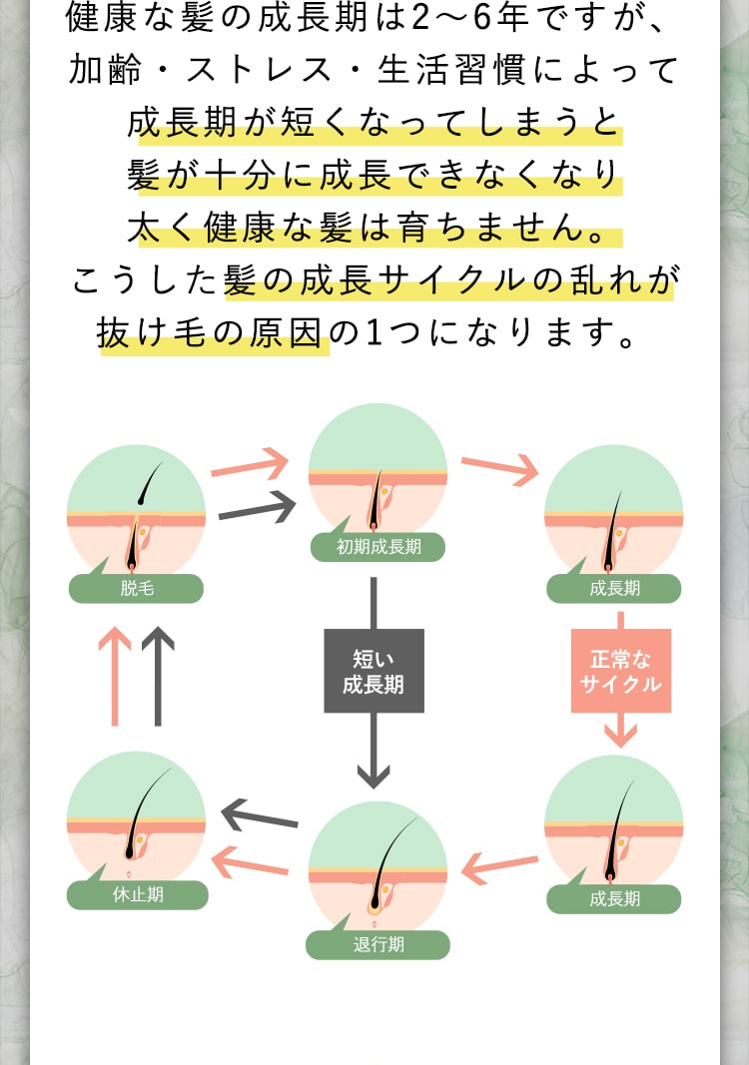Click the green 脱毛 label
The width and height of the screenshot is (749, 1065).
136,589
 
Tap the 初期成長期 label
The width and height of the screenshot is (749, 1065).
377,547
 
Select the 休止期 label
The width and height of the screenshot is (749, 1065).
138,894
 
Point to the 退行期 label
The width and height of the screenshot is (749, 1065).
377,944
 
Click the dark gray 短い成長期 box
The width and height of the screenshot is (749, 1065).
374,671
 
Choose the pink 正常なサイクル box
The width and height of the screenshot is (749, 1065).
620,671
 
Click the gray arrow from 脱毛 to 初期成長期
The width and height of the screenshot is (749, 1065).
257,510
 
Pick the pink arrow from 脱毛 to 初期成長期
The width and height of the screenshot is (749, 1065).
250,465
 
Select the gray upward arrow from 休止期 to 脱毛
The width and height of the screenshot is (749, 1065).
158,677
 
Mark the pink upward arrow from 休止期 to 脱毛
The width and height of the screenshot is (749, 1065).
115,677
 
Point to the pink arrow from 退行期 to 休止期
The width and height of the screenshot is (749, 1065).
251,861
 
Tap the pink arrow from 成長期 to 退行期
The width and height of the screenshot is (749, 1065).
500,865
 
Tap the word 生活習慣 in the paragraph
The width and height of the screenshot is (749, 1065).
458,70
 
